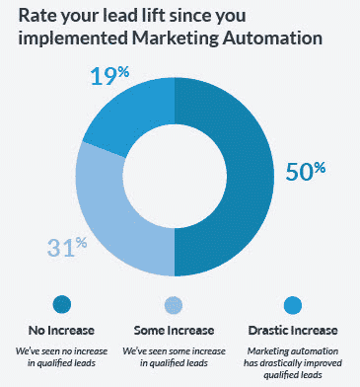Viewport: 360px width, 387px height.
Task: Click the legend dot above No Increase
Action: tap(63, 304)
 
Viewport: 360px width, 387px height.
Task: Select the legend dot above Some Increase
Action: tap(174, 304)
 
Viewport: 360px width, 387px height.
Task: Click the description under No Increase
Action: tap(63, 356)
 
